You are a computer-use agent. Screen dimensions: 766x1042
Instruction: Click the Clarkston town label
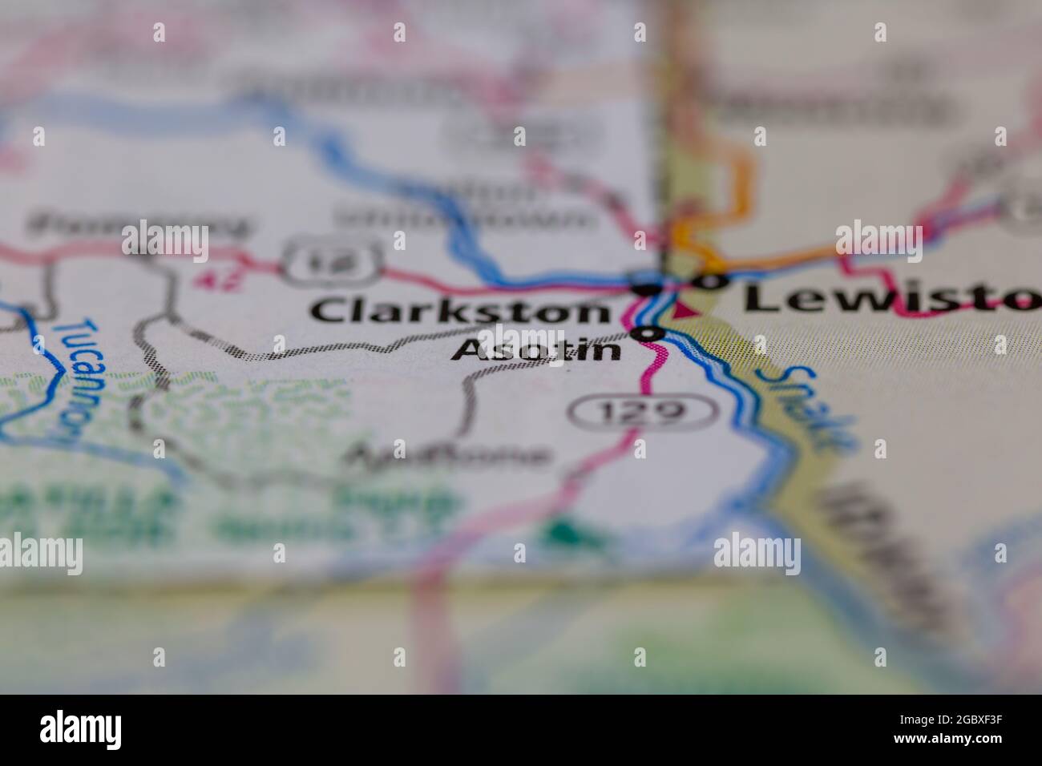point(459,311)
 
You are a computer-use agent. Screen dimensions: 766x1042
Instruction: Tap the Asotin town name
point(536,349)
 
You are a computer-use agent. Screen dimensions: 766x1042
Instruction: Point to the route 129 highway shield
point(641,412)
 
